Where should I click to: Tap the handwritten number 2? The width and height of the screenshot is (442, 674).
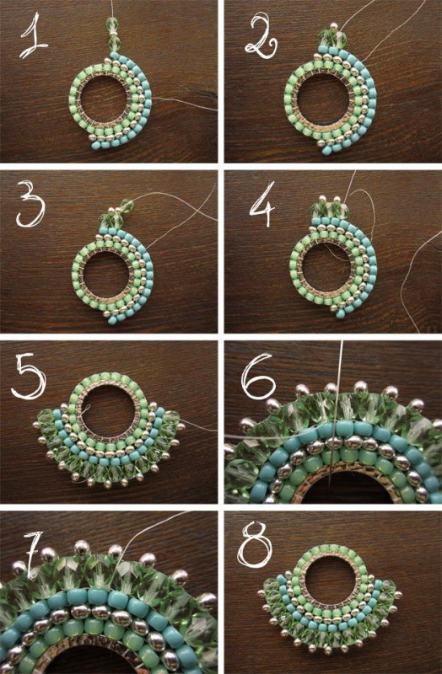(x=261, y=35)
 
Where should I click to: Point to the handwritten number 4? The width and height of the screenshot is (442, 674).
(x=261, y=204)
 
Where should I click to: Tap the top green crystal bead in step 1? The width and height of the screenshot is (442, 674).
(x=111, y=24)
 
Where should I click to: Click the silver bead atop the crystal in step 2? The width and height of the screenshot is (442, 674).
(x=332, y=27)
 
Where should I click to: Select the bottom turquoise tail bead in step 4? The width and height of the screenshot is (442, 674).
(x=341, y=313)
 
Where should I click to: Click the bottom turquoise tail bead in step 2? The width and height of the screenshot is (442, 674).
(x=322, y=149)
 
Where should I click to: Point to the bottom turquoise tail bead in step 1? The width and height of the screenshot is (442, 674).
(x=96, y=145)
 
